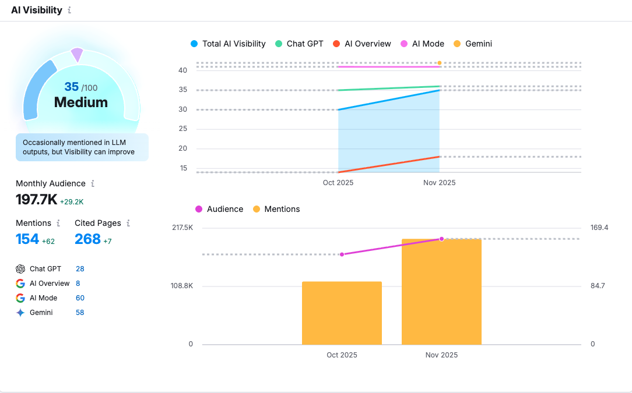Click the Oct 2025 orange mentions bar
[x=342, y=313]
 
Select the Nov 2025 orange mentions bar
[x=441, y=291]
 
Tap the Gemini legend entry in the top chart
[x=473, y=44]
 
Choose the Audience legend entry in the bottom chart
[x=219, y=209]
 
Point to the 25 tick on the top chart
[x=182, y=129]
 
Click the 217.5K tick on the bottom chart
[x=182, y=228]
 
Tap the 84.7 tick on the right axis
[x=598, y=286]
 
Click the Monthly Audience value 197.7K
[x=36, y=200]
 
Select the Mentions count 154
[x=27, y=239]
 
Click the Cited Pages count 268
[x=87, y=239]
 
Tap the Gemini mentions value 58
[x=80, y=313]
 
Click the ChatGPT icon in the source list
[x=20, y=269]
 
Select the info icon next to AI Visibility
[x=69, y=10]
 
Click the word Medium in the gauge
[x=81, y=102]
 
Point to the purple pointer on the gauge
[x=77, y=55]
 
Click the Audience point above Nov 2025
[x=441, y=239]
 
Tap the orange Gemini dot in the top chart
[x=439, y=63]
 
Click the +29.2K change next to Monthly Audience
[x=72, y=202]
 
